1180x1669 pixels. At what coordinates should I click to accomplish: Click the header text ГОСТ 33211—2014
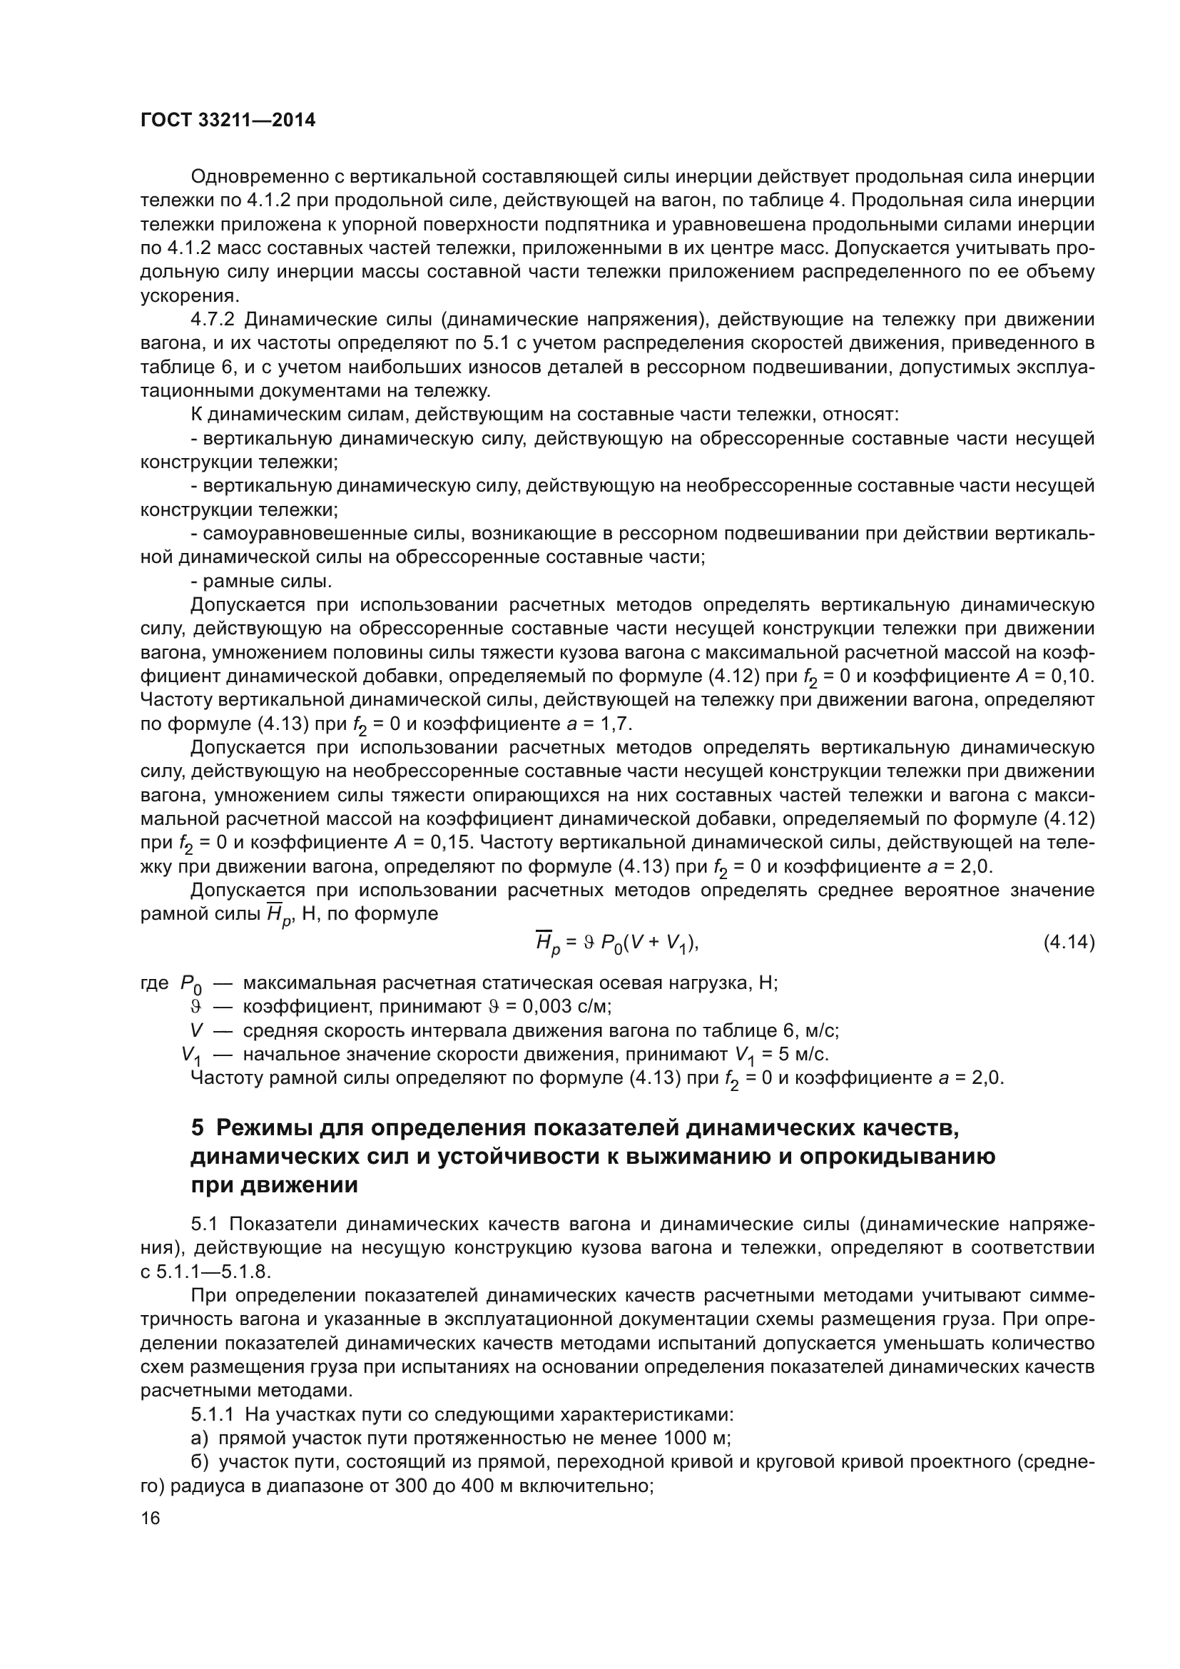point(228,121)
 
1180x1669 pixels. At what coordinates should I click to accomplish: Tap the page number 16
point(151,1518)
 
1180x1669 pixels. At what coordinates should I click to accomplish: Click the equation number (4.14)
point(1068,943)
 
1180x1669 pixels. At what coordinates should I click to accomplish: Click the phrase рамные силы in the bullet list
point(267,582)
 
